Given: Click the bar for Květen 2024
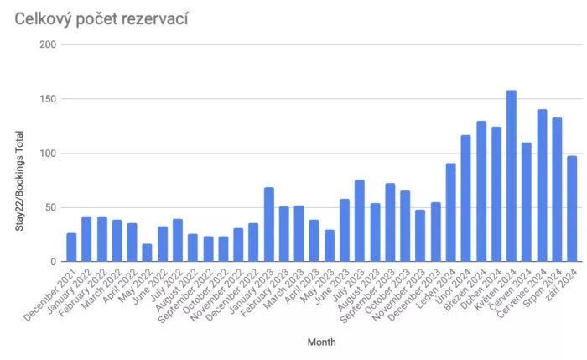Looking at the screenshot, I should [x=512, y=176].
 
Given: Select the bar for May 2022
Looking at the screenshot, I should [x=148, y=253].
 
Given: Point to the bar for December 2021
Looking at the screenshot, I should [x=71, y=248].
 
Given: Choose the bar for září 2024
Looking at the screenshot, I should [x=572, y=209].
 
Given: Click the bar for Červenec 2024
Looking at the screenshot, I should [x=542, y=185].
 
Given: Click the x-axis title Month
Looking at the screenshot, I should [x=321, y=342].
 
